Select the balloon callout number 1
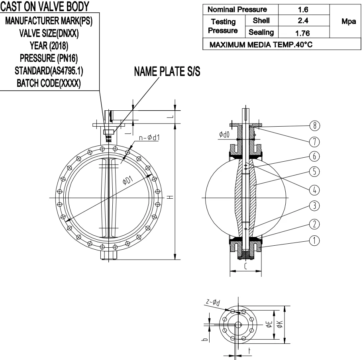(315, 240)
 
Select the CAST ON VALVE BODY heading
(44, 6)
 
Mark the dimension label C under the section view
(246, 267)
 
